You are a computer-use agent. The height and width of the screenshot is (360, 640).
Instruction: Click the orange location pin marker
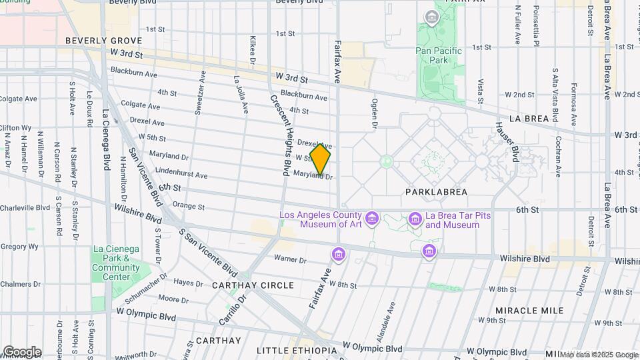(x=321, y=159)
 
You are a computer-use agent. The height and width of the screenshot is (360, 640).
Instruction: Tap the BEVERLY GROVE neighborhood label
(x=95, y=41)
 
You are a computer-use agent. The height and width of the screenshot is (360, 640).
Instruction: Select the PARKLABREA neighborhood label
(x=436, y=192)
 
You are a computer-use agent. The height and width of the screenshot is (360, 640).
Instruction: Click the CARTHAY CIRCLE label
(x=253, y=285)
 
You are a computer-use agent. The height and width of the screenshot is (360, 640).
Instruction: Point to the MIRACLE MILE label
(x=530, y=311)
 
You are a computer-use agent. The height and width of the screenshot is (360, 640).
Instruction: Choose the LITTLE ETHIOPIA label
(x=297, y=351)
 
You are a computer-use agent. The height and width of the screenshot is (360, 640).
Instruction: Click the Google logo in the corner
(x=22, y=352)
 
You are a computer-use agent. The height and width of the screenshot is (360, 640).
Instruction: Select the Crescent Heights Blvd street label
(x=281, y=131)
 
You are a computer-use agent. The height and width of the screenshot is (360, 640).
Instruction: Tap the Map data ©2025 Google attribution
(x=598, y=355)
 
